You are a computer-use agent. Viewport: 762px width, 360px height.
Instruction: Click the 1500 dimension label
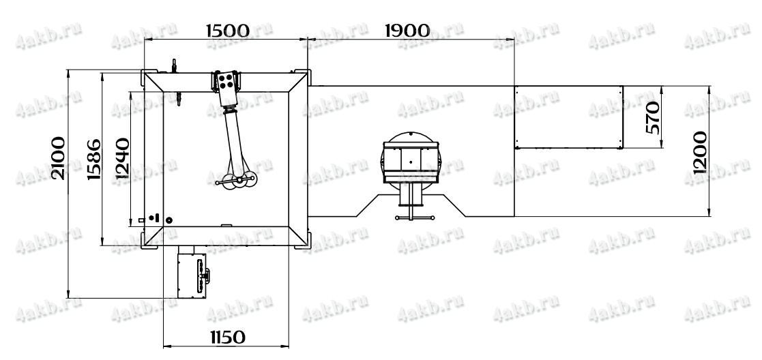(228, 31)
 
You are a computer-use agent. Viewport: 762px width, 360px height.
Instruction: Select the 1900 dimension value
(407, 31)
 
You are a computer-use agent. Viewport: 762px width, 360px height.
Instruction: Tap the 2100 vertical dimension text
(58, 158)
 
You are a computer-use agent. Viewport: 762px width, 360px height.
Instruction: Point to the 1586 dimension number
(94, 160)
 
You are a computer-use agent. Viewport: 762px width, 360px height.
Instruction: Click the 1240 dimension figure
(123, 158)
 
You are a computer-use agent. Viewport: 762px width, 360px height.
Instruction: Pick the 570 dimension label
(654, 117)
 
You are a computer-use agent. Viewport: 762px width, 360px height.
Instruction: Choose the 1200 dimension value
(700, 152)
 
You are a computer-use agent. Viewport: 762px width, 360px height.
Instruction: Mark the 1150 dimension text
(227, 337)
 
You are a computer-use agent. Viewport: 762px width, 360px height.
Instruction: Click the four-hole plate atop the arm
(226, 81)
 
